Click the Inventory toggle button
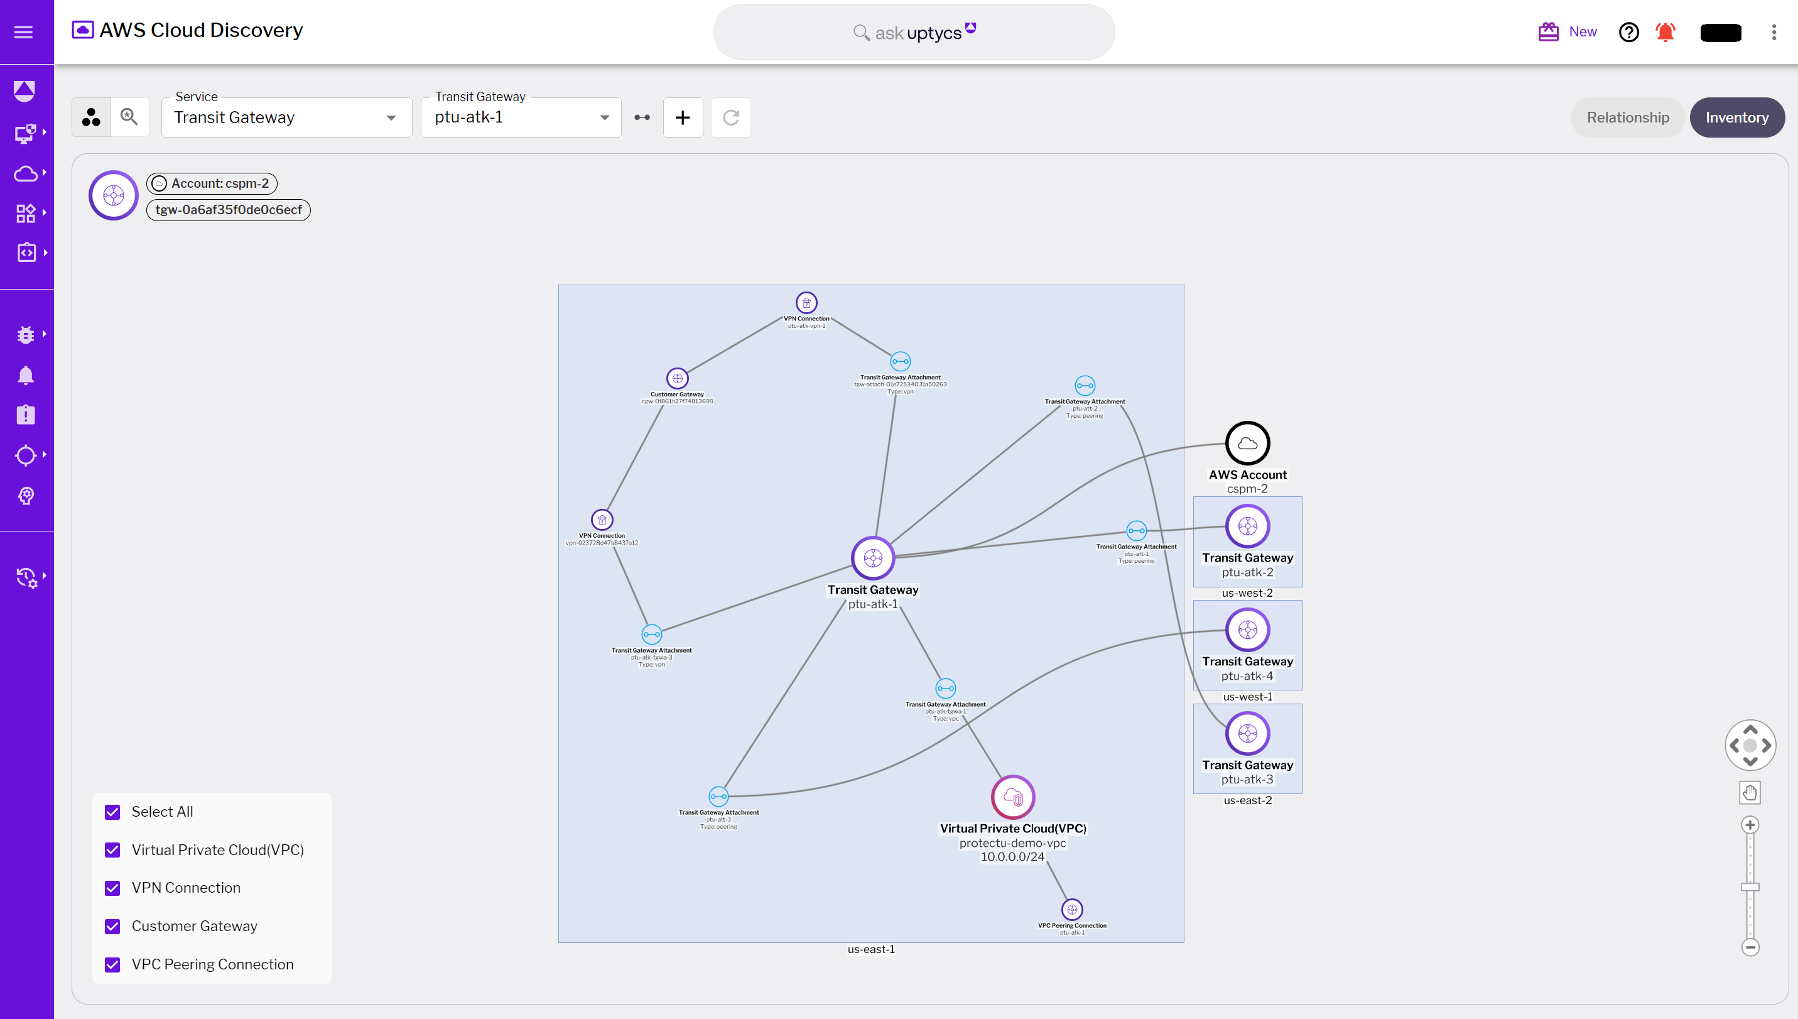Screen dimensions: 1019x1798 point(1736,117)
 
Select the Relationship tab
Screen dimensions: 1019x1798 point(1627,117)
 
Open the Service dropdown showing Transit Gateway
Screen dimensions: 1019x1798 point(286,117)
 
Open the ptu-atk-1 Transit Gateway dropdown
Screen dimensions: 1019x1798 point(521,117)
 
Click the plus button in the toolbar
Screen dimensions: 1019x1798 point(682,117)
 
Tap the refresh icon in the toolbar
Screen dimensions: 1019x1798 point(730,117)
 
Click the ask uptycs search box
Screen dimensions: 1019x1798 point(914,33)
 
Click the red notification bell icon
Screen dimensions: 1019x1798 point(1665,32)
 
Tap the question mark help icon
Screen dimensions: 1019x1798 point(1628,32)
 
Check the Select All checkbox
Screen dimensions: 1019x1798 point(112,812)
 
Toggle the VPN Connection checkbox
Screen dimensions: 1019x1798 point(112,888)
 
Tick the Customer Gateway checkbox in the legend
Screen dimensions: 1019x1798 point(112,927)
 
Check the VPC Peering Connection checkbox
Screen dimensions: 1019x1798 point(112,964)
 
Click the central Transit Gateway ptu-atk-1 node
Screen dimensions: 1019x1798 point(872,558)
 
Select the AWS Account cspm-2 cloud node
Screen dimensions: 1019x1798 point(1247,443)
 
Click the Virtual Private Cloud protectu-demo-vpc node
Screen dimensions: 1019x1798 point(1012,797)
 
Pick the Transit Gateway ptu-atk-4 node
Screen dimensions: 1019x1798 point(1247,630)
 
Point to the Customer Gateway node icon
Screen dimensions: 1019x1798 point(677,379)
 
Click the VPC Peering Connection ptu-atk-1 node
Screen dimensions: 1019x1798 point(1072,909)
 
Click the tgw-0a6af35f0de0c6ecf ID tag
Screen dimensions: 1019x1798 point(228,210)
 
